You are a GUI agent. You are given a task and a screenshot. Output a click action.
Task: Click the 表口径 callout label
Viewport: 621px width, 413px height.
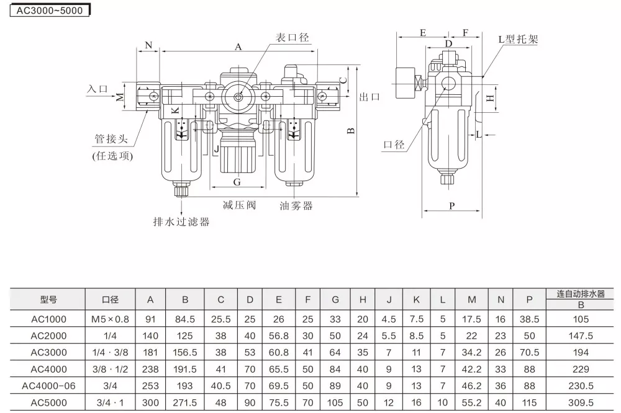292,38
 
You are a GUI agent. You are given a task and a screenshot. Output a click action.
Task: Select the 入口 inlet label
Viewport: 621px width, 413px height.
97,89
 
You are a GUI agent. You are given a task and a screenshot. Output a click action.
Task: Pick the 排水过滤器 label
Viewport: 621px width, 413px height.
181,221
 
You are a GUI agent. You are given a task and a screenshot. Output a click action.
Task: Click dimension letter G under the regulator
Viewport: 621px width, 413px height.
237,182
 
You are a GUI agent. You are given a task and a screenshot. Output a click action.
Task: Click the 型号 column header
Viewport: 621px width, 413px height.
49,300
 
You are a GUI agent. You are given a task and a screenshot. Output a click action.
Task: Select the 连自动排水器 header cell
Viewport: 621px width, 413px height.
581,294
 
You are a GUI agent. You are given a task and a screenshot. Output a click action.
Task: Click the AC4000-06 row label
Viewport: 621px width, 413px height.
49,385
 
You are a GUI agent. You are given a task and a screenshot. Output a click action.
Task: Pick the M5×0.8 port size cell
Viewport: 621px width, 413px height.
111,319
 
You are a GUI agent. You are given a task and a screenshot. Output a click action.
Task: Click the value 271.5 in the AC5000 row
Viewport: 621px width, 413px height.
185,402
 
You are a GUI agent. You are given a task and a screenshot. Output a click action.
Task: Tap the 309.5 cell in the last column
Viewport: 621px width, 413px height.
581,402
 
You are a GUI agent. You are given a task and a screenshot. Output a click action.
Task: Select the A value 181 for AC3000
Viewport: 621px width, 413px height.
150,352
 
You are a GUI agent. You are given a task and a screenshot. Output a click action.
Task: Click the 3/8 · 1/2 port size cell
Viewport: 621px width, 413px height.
111,368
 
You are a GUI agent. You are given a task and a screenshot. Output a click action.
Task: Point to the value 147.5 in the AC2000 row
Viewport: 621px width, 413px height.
581,335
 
